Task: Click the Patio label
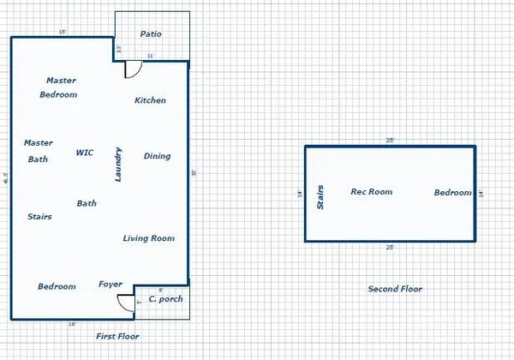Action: point(151,34)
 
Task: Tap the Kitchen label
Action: point(151,100)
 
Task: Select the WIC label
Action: point(85,153)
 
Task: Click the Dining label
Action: point(157,156)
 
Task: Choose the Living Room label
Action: point(149,238)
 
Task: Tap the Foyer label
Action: point(111,284)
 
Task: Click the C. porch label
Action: point(163,299)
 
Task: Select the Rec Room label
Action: point(372,192)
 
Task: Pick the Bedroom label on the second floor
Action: point(452,193)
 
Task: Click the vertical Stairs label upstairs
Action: point(321,196)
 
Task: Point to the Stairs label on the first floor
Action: point(39,217)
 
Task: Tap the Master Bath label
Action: point(39,151)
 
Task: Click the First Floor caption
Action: point(117,337)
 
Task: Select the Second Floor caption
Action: point(395,289)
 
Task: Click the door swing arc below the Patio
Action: point(132,71)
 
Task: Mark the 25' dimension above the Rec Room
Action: point(391,141)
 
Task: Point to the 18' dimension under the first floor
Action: point(73,324)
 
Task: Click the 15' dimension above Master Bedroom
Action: point(62,32)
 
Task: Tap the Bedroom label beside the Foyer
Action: point(57,286)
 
